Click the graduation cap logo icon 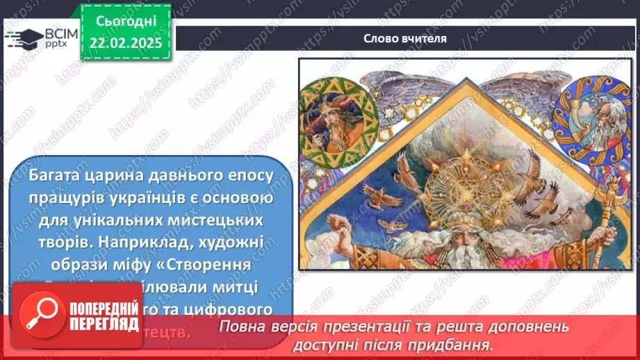pos(24,38)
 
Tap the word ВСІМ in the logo pos(60,33)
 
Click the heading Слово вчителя pos(405,38)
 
